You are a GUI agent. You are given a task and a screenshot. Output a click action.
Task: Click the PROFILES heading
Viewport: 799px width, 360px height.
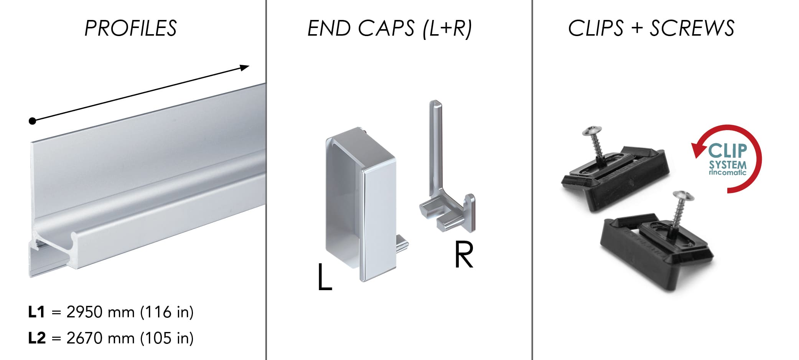(x=130, y=28)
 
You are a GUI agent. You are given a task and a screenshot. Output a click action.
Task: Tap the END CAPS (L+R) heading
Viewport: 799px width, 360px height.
(x=390, y=28)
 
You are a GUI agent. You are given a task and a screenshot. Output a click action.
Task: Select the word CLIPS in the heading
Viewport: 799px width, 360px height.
(x=596, y=28)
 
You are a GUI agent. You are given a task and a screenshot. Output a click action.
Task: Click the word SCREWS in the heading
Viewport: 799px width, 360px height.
(x=692, y=28)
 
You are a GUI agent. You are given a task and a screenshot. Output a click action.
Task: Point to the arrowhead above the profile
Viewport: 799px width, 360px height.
(x=244, y=68)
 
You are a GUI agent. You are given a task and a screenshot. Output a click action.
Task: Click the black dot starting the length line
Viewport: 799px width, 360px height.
(x=33, y=121)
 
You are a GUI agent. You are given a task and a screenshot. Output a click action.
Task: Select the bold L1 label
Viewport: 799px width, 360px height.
(x=37, y=312)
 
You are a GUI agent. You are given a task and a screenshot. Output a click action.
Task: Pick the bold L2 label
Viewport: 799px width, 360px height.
(x=37, y=338)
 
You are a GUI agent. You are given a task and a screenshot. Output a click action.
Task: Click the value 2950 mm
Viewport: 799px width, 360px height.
(x=100, y=312)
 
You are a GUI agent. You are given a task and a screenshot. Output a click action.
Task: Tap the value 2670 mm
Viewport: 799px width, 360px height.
(x=100, y=338)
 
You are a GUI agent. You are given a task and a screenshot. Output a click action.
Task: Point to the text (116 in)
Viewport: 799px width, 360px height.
(x=167, y=312)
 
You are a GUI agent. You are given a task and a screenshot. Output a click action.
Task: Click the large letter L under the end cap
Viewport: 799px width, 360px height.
(x=325, y=276)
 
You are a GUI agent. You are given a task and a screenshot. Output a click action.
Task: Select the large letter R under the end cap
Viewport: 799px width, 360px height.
(x=464, y=254)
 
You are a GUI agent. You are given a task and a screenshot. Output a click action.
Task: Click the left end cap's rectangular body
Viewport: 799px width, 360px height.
(x=361, y=203)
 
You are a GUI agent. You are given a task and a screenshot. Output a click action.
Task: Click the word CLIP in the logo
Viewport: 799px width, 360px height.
(x=728, y=151)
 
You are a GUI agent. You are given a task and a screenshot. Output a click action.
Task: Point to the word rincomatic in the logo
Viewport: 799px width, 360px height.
(x=728, y=172)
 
